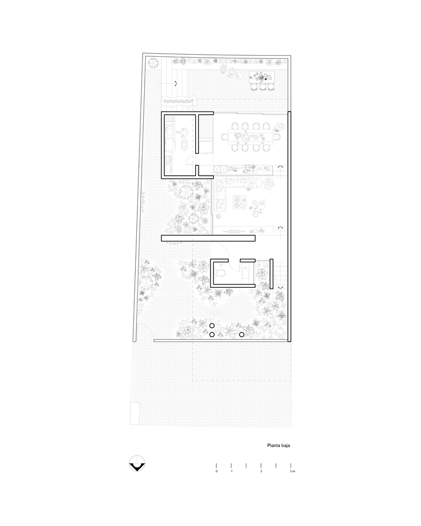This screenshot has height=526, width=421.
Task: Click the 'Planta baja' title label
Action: tap(278, 446)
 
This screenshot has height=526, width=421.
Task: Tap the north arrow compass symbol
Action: tap(137, 464)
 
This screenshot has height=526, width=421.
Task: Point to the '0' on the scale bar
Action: tap(216, 471)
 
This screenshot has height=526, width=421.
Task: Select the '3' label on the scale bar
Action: tap(261, 471)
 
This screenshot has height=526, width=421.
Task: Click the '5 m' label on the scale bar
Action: tap(293, 471)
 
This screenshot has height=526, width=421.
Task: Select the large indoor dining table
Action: tap(251, 137)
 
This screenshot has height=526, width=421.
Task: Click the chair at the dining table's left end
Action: tap(224, 137)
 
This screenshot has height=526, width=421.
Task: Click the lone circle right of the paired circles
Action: tap(242, 335)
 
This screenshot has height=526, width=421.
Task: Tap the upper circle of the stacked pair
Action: tap(212, 326)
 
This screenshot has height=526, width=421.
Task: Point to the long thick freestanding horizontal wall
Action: tap(208, 238)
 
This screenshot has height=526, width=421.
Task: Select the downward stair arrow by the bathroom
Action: tap(280, 288)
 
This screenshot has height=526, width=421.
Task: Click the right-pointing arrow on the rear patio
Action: tap(176, 84)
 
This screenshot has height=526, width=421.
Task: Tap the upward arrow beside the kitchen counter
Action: tap(280, 166)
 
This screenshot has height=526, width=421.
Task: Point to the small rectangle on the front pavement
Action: tap(135, 413)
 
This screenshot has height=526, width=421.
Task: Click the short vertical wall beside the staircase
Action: tap(272, 274)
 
